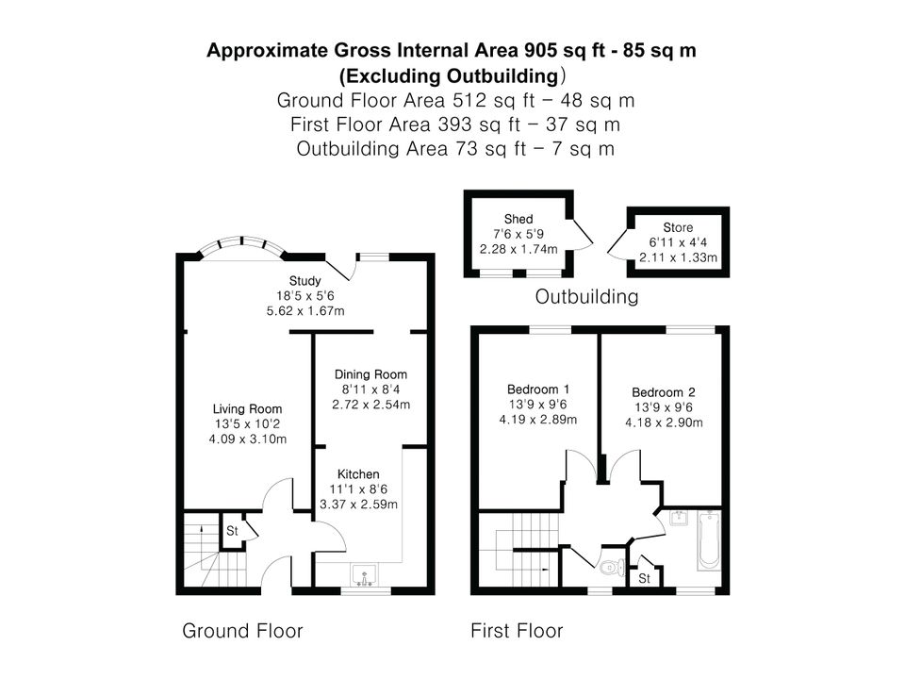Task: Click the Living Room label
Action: click(x=247, y=409)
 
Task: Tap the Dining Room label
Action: click(x=370, y=374)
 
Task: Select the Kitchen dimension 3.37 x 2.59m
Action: click(x=358, y=504)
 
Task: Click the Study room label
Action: click(x=304, y=281)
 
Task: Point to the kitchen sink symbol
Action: click(x=364, y=575)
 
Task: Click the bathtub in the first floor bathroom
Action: click(x=709, y=539)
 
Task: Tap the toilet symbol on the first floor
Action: click(x=612, y=568)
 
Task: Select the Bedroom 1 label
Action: click(x=538, y=389)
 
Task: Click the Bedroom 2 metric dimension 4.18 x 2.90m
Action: click(x=664, y=422)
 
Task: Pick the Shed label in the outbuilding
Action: click(x=518, y=220)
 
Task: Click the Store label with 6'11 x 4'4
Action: click(x=678, y=227)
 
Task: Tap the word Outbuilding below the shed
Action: click(x=586, y=297)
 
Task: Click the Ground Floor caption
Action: click(x=242, y=631)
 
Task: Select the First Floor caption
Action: click(x=517, y=631)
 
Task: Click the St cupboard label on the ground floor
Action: click(x=232, y=531)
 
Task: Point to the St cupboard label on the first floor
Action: click(x=644, y=578)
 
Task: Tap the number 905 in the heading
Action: click(x=541, y=51)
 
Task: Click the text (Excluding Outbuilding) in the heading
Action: click(x=452, y=75)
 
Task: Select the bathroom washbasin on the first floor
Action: click(x=681, y=518)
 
